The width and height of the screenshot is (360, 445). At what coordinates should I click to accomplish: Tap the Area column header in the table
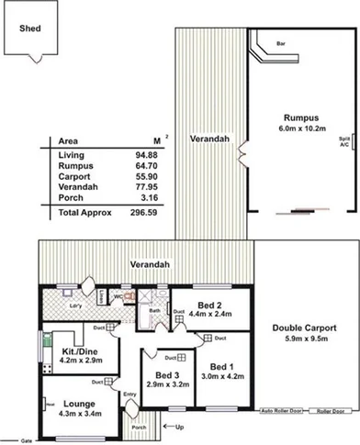[67, 141]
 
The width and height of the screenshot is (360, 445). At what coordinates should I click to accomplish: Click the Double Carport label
[304, 328]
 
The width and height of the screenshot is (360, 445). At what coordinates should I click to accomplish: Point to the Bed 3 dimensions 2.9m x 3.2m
[163, 385]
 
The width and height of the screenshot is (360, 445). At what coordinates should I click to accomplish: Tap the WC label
[118, 297]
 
